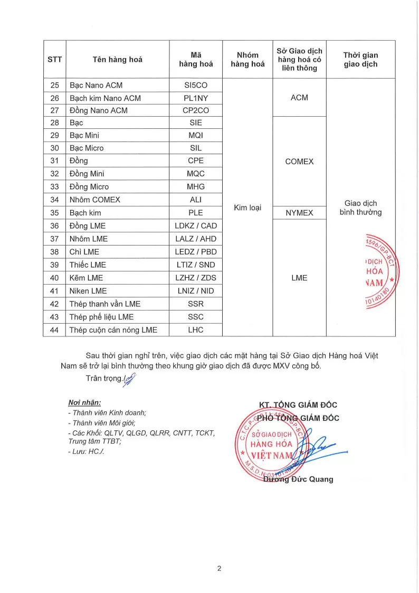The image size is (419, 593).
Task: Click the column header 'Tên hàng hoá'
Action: click(x=117, y=60)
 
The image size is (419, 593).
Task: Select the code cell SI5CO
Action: click(x=195, y=85)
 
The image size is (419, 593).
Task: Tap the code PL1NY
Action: click(x=195, y=98)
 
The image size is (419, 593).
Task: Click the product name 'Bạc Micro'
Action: click(x=87, y=148)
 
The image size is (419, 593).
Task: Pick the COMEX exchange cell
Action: click(x=299, y=162)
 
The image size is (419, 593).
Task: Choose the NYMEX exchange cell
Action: click(x=299, y=213)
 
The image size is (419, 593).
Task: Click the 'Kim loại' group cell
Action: click(x=247, y=208)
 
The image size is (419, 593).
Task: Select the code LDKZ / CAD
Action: click(x=195, y=226)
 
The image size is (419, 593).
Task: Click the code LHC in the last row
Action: click(x=195, y=330)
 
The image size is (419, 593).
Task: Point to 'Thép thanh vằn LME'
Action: click(x=105, y=304)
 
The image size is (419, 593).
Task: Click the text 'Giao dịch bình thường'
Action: click(x=360, y=208)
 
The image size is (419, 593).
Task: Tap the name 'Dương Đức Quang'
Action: click(x=298, y=479)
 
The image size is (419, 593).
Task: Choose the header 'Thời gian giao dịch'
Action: click(x=360, y=60)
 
